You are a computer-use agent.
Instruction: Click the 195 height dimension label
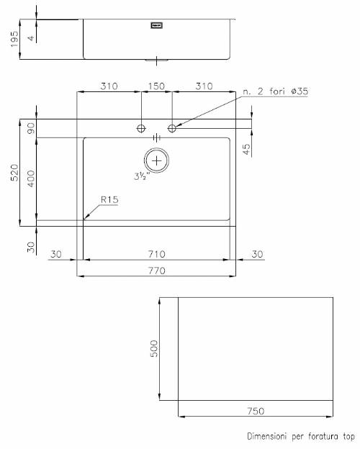click(14, 39)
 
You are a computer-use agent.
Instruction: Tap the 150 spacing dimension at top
click(156, 86)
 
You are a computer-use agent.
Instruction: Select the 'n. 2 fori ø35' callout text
click(276, 91)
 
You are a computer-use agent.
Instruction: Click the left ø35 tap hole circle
click(141, 129)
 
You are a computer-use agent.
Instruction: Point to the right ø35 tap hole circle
click(172, 128)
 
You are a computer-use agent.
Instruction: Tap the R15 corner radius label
click(109, 199)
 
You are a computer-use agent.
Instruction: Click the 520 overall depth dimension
click(14, 173)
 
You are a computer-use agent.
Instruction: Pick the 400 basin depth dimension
click(31, 178)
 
